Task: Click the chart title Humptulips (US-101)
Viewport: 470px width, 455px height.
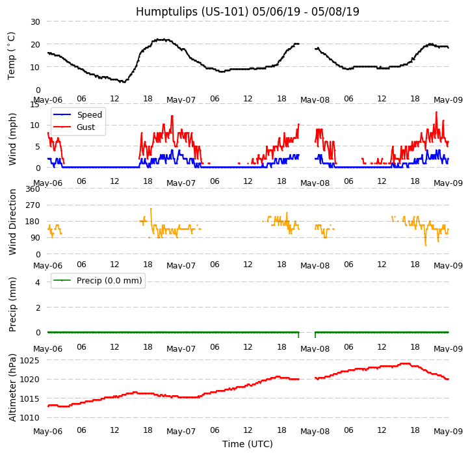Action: point(192,12)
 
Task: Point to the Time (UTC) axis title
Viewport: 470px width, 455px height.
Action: point(248,444)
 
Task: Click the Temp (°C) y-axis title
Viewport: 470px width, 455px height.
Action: point(12,56)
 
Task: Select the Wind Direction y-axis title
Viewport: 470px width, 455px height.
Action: point(12,222)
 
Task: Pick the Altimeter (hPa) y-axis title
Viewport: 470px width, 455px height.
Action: point(12,387)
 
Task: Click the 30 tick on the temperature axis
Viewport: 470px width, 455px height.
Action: point(35,21)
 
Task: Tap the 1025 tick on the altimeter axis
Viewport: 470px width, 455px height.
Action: point(30,360)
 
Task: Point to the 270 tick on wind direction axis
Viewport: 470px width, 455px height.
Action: point(33,205)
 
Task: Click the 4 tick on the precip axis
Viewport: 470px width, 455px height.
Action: point(38,282)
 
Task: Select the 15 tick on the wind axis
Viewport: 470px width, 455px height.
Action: point(35,104)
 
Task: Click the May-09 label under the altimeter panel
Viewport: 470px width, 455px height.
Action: point(448,432)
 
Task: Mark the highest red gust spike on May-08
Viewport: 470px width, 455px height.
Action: point(436,112)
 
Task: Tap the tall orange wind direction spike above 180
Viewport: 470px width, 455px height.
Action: point(151,209)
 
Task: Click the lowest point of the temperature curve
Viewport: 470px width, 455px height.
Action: point(124,82)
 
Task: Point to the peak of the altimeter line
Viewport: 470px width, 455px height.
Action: point(405,363)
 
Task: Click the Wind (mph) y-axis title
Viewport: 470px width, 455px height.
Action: point(12,139)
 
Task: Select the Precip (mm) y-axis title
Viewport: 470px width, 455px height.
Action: point(12,304)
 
